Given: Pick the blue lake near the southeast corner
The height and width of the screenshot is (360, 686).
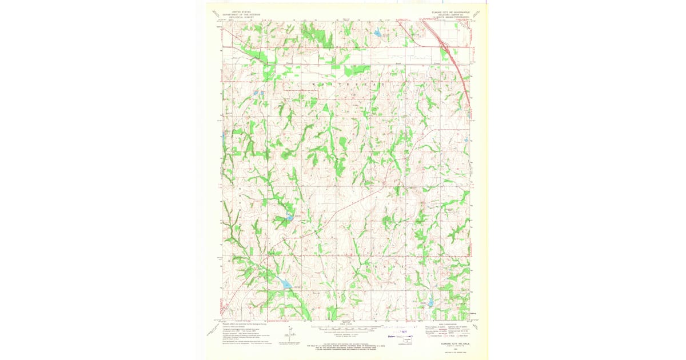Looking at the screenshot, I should pyautogui.click(x=430, y=303).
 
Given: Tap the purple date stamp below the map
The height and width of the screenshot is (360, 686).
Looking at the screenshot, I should pyautogui.click(x=397, y=332).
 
